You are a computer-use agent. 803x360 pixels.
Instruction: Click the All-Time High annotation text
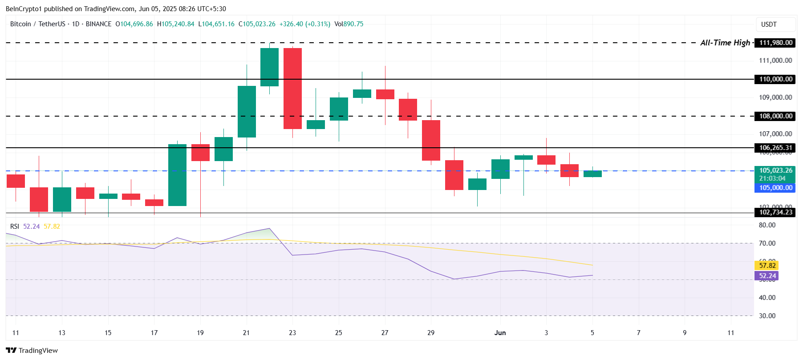[725, 43]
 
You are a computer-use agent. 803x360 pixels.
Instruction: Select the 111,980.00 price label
[775, 43]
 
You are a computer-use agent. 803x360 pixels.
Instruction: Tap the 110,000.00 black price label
[775, 79]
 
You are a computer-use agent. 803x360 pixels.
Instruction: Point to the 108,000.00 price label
[775, 116]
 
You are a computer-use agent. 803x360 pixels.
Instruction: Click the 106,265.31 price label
[775, 148]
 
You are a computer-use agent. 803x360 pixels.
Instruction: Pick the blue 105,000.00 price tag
[775, 188]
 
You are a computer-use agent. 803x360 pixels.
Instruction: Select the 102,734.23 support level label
[775, 212]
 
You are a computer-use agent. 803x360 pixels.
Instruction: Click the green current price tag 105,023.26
[775, 170]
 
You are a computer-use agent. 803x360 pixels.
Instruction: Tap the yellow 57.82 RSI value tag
[767, 266]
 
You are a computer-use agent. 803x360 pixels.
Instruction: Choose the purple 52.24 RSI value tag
[767, 276]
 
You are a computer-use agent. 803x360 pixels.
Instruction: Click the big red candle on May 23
[292, 89]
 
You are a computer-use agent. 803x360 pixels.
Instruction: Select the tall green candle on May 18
[177, 175]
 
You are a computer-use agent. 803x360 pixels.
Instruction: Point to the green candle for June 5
[592, 174]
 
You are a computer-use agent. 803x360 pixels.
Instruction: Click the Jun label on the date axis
[500, 333]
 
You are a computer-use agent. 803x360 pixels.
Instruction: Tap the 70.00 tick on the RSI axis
[767, 243]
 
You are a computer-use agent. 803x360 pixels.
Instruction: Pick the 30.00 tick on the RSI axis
[767, 316]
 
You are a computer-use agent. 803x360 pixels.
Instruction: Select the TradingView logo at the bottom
[32, 351]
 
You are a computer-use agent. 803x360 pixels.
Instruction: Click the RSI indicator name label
[15, 227]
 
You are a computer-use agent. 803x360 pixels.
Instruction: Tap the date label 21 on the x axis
[246, 333]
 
